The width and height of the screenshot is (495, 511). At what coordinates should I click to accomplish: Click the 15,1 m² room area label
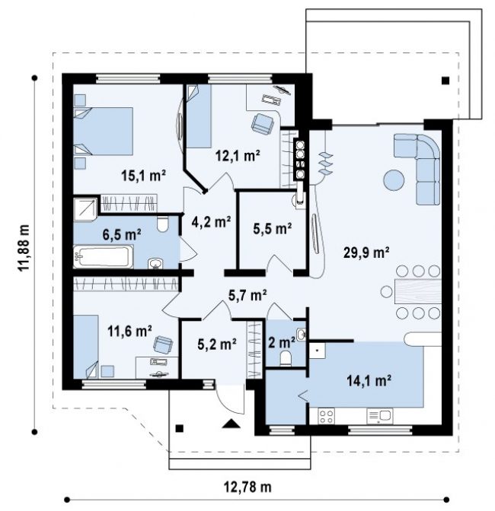144,176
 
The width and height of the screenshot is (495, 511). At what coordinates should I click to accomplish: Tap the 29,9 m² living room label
366,252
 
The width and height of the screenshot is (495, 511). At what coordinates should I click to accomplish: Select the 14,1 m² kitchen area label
369,380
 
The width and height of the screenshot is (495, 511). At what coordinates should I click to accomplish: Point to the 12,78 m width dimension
247,487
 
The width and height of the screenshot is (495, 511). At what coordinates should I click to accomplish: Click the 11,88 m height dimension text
24,249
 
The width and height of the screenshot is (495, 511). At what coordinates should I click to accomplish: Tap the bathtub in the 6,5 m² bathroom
103,257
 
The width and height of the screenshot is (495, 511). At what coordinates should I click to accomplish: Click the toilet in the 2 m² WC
286,358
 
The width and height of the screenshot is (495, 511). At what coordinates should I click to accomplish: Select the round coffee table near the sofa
394,180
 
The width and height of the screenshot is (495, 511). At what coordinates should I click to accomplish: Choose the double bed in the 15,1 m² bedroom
104,131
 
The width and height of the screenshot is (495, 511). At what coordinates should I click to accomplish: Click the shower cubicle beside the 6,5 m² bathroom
85,208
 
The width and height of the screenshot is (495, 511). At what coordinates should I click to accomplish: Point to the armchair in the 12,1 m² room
262,123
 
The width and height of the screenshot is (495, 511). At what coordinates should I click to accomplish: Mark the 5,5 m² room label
273,228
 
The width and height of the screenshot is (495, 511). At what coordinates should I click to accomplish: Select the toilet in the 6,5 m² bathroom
162,224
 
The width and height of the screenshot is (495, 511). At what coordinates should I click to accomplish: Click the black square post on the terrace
445,81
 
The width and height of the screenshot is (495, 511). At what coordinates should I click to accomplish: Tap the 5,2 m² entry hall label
217,344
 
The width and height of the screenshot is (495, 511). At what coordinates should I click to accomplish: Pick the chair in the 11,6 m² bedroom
163,344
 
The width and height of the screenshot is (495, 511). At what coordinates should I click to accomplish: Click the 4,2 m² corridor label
211,222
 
